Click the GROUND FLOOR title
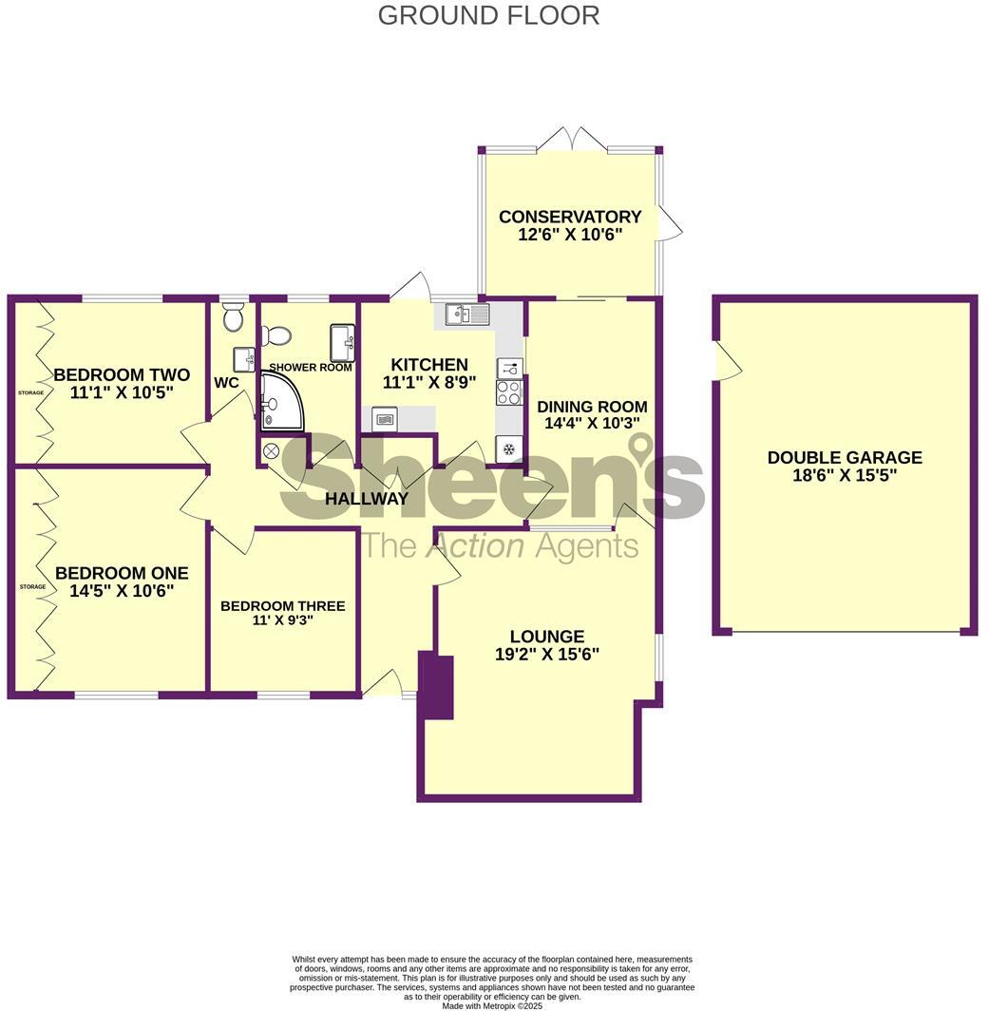(x=488, y=15)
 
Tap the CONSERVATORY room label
(x=570, y=217)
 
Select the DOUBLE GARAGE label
(x=845, y=458)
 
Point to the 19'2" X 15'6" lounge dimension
(x=546, y=654)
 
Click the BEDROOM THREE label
(x=282, y=606)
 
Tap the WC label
(x=226, y=383)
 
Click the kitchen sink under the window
(x=462, y=314)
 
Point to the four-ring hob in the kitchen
(x=508, y=392)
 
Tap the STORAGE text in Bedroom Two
(x=31, y=392)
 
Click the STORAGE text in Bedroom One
(x=32, y=587)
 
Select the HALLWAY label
(x=367, y=498)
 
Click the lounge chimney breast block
(x=436, y=685)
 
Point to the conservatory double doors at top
(x=572, y=140)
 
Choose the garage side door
(x=727, y=362)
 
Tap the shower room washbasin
(x=342, y=338)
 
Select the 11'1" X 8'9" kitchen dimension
(x=428, y=384)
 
